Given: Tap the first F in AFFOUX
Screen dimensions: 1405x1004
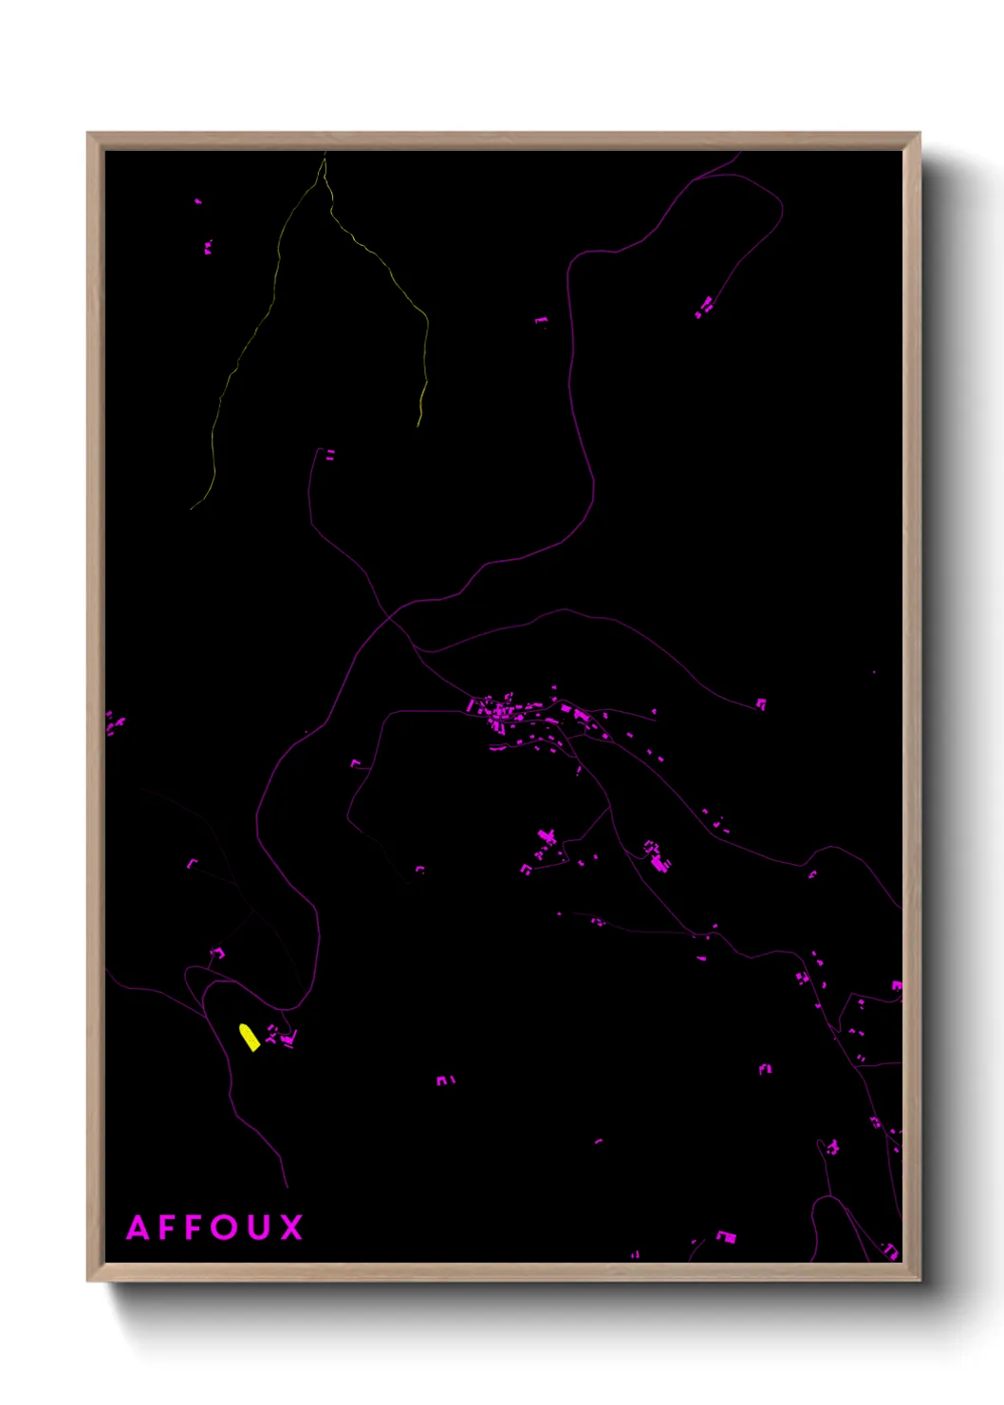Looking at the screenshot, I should [169, 1227].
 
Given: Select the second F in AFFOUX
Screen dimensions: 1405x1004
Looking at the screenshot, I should [196, 1227].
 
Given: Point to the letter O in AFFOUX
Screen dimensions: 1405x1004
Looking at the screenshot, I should [227, 1227].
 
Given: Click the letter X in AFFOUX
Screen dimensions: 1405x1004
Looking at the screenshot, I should [291, 1227].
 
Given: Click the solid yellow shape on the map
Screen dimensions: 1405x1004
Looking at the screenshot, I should [250, 1037].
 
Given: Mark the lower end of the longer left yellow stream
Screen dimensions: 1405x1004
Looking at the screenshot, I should [192, 509].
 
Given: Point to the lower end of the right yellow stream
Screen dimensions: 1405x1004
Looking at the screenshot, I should [418, 425].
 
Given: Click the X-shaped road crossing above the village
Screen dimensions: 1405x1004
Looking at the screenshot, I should [390, 618].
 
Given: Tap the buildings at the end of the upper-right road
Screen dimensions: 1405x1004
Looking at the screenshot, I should [704, 307].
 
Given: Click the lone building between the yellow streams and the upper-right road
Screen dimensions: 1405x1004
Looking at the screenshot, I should [541, 321].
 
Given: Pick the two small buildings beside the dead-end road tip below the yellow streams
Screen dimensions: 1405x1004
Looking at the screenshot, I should [330, 456].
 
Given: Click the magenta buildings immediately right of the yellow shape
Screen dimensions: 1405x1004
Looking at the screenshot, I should [281, 1037].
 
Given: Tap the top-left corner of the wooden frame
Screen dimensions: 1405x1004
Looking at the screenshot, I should [88, 134].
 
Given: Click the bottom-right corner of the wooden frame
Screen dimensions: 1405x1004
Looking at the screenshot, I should [919, 1280].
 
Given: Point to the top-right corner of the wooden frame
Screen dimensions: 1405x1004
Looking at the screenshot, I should [919, 134].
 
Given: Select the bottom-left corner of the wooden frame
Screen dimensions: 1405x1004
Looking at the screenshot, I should [88, 1280].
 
